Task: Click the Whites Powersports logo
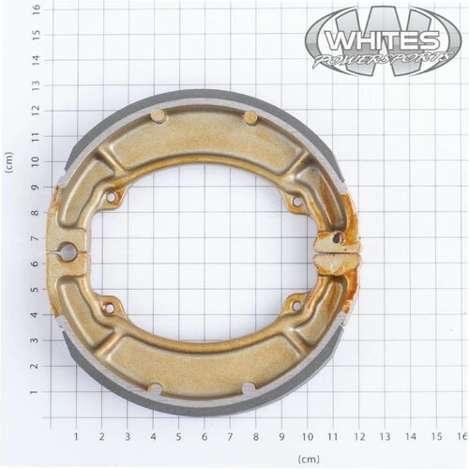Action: [383, 40]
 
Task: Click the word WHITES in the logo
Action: [382, 40]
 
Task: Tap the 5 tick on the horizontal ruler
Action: [178, 437]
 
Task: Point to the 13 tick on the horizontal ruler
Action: [385, 437]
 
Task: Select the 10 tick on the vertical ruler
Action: [37, 161]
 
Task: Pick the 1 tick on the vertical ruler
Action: [37, 392]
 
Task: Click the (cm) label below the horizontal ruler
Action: [309, 459]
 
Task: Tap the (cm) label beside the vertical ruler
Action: [9, 162]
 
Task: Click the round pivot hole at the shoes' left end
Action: [68, 250]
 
